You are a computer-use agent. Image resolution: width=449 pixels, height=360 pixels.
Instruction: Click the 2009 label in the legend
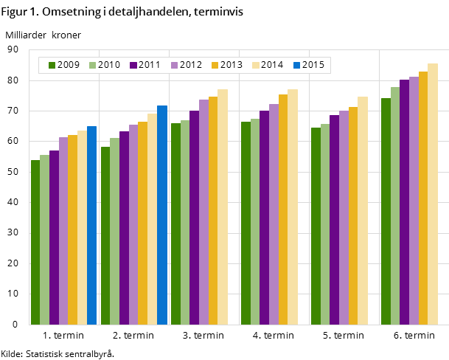(69, 66)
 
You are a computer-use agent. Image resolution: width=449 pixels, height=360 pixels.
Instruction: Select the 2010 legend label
(109, 66)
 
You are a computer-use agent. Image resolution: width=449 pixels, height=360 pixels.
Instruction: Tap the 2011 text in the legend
(150, 66)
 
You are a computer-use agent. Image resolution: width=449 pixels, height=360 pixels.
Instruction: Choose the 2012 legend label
(190, 66)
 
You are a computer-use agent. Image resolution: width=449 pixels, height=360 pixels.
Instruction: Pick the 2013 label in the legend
(231, 66)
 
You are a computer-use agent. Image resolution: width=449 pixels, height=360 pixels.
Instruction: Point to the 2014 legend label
(272, 66)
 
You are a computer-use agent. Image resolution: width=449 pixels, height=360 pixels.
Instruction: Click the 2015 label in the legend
(313, 66)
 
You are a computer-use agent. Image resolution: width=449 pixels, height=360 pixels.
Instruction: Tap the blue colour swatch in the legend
(296, 66)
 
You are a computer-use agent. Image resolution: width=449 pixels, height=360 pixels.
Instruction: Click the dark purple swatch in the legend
(133, 66)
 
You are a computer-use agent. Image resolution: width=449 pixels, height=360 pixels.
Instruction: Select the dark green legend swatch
(52, 66)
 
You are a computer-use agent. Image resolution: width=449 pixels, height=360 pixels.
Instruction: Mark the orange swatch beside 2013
(215, 66)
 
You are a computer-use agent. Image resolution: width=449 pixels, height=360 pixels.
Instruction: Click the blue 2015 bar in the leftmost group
(91, 225)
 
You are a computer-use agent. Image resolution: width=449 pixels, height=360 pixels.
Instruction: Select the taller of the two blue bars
(161, 215)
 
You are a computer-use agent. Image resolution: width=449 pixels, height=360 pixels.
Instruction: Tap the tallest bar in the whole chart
(433, 194)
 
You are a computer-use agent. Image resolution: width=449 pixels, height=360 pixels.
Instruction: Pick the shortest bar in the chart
(35, 242)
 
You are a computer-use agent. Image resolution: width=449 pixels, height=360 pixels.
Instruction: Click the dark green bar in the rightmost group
(386, 211)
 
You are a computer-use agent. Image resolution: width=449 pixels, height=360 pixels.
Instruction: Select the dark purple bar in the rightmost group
(404, 202)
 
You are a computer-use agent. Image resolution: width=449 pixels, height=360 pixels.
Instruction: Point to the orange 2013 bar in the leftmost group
(72, 229)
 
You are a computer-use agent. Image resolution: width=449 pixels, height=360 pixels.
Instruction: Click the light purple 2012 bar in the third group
(203, 212)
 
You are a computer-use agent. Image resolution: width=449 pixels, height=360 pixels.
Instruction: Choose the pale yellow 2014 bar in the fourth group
(293, 207)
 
